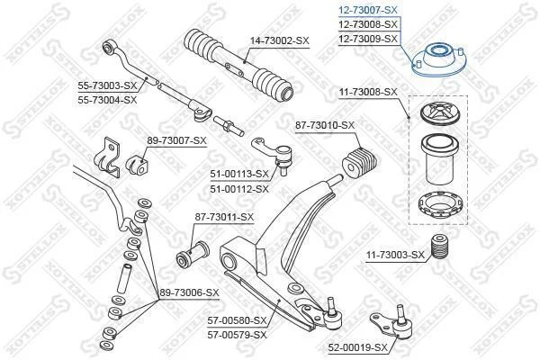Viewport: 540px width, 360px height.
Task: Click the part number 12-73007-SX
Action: [x=368, y=10]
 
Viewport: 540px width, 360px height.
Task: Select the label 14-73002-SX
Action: [x=280, y=41]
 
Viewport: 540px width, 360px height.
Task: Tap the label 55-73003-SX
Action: [x=107, y=85]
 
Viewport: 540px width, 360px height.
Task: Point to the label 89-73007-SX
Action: [x=177, y=140]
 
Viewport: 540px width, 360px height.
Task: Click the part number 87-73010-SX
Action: [x=325, y=125]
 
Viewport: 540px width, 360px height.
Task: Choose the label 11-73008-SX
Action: [x=368, y=93]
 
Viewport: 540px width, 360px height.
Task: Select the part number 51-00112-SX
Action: [x=239, y=189]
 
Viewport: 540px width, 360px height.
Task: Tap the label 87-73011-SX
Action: [x=224, y=218]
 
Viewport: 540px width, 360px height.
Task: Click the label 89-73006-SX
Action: [x=189, y=292]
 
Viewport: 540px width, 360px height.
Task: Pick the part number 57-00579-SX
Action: [x=237, y=335]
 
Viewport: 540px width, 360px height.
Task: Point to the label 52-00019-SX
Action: [x=358, y=347]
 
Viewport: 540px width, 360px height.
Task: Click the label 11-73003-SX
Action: [x=395, y=256]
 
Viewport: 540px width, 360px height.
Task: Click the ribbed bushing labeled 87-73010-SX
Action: [x=360, y=164]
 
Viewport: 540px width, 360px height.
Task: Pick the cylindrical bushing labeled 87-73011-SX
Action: [x=193, y=254]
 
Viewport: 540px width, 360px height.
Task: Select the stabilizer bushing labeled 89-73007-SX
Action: [x=137, y=166]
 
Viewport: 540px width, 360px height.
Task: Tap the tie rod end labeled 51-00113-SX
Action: [x=273, y=154]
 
